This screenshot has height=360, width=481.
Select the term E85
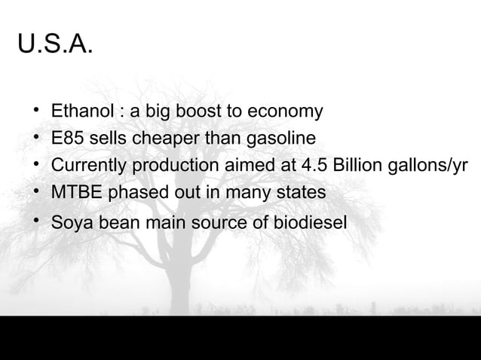pyautogui.click(x=67, y=139)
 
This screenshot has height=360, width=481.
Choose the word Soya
pyautogui.click(x=70, y=223)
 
